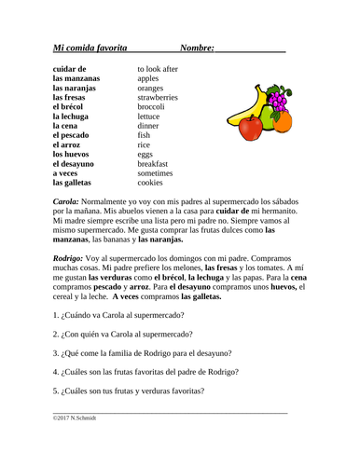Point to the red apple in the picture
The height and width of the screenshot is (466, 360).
249,128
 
